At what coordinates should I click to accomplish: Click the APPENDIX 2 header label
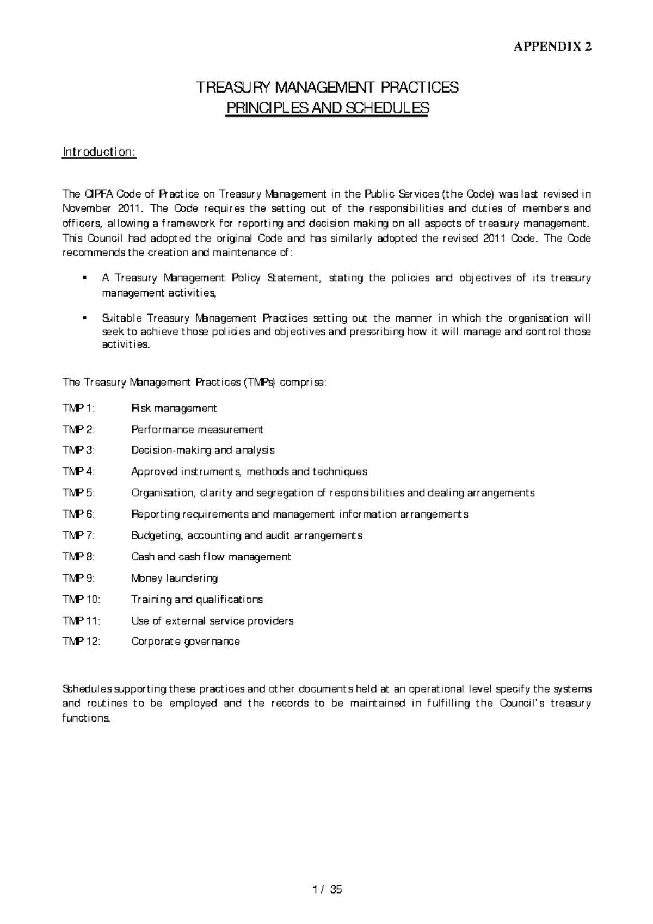pos(552,47)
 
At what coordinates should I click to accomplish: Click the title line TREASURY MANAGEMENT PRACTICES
pos(327,88)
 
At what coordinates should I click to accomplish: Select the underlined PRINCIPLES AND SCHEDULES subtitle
pos(327,108)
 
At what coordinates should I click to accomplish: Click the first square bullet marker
pos(84,279)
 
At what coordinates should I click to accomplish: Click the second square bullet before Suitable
pos(84,318)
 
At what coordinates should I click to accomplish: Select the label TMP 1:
pos(78,408)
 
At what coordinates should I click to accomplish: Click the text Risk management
pos(174,408)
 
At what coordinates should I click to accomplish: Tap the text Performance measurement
pos(197,430)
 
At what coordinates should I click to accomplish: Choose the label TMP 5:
pos(78,493)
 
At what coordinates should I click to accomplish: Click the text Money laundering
pos(174,578)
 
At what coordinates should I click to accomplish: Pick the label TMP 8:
pos(78,557)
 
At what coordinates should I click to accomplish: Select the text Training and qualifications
pos(197,599)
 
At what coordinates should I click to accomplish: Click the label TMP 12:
pos(82,642)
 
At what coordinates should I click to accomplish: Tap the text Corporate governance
pos(185,642)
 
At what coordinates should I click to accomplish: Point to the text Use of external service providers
pos(212,620)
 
